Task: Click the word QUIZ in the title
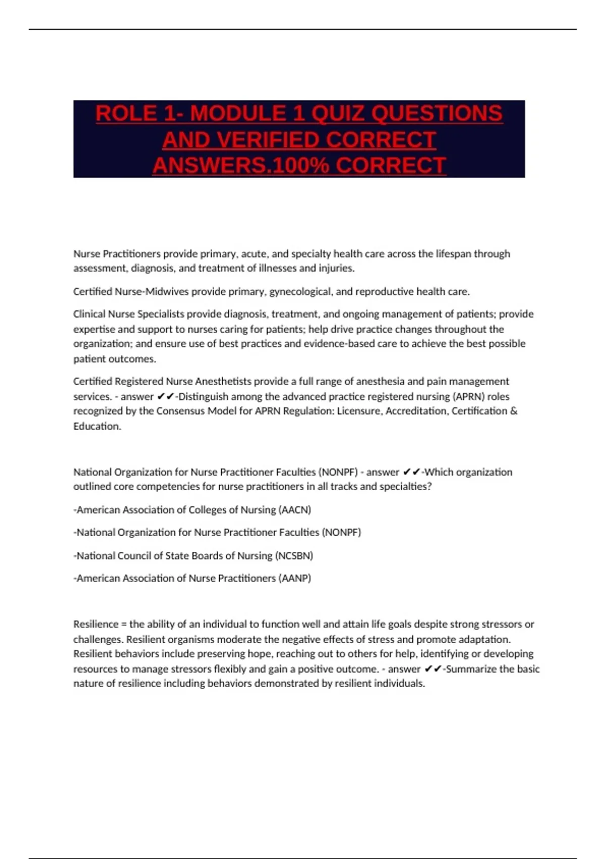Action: pyautogui.click(x=336, y=114)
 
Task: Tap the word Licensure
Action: pyautogui.click(x=359, y=411)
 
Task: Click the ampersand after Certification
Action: pyautogui.click(x=514, y=411)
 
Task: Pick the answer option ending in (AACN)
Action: pyautogui.click(x=192, y=510)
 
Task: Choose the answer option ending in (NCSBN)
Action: pyautogui.click(x=193, y=556)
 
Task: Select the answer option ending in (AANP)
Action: pyautogui.click(x=192, y=578)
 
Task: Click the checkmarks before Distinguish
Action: pyautogui.click(x=166, y=397)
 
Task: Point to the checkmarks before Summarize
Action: pyautogui.click(x=433, y=669)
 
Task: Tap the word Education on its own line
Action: pyautogui.click(x=96, y=426)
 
